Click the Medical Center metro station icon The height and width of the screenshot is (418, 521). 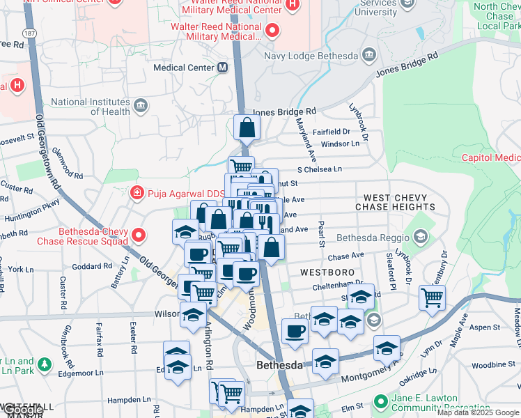[x=223, y=68]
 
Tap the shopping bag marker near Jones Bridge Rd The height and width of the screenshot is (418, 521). [x=247, y=128]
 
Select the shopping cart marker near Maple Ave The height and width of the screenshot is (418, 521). [x=432, y=297]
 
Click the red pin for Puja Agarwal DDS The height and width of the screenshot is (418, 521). [x=137, y=192]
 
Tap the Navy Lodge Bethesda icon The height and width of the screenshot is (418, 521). [x=368, y=55]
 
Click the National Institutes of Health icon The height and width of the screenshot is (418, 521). [x=141, y=106]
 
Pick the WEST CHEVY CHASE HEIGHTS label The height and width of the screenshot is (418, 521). [x=395, y=202]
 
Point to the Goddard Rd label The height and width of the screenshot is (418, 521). [x=87, y=266]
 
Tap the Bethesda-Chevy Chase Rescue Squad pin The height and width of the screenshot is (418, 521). [x=139, y=235]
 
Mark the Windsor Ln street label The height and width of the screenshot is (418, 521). [x=340, y=144]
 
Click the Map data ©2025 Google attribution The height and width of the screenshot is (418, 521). [x=479, y=412]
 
